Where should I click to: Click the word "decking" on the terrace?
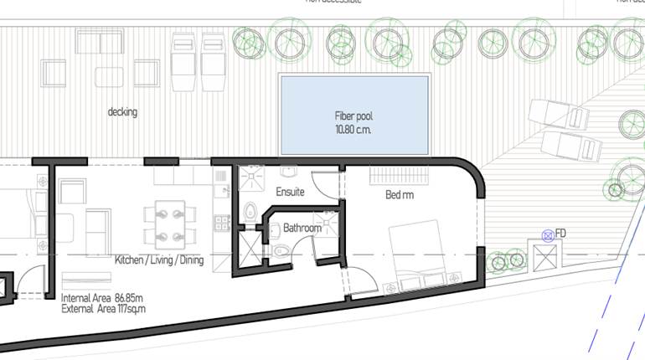click(122, 111)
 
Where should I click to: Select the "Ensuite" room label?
click(290, 193)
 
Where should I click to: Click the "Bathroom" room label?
click(302, 228)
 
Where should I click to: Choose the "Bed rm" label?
click(400, 195)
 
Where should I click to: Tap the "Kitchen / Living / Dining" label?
click(159, 260)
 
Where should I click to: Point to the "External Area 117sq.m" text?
click(103, 308)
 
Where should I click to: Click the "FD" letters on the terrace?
click(561, 233)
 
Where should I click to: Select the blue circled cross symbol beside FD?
click(548, 235)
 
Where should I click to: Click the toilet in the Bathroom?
click(280, 250)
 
